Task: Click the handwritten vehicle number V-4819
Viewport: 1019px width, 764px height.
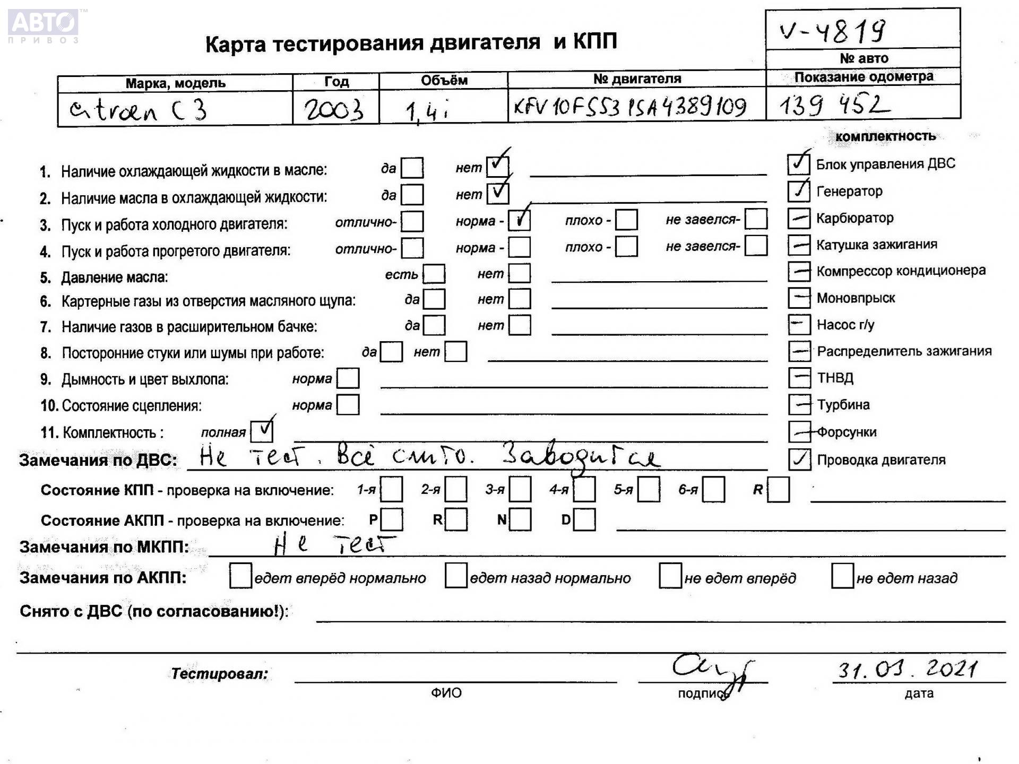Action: pyautogui.click(x=832, y=31)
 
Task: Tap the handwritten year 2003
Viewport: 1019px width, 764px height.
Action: pyautogui.click(x=334, y=110)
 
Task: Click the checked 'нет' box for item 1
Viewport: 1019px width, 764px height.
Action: pyautogui.click(x=497, y=167)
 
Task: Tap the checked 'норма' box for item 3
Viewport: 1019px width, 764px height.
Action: pyautogui.click(x=519, y=220)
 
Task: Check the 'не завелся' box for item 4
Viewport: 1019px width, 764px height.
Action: pyautogui.click(x=756, y=246)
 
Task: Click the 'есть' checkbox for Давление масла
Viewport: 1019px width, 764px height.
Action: pyautogui.click(x=434, y=274)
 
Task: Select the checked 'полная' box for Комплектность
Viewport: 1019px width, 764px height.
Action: pyautogui.click(x=262, y=431)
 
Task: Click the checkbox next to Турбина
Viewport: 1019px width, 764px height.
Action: pyautogui.click(x=799, y=404)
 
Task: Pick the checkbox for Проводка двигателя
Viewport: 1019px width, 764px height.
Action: pyautogui.click(x=799, y=459)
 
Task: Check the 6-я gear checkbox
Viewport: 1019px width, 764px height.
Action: pyautogui.click(x=713, y=489)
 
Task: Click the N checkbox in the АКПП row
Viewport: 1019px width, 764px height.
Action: pyautogui.click(x=520, y=519)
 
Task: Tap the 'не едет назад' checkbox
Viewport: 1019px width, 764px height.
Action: pyautogui.click(x=842, y=576)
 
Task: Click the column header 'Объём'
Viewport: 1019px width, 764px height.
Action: pyautogui.click(x=444, y=81)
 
